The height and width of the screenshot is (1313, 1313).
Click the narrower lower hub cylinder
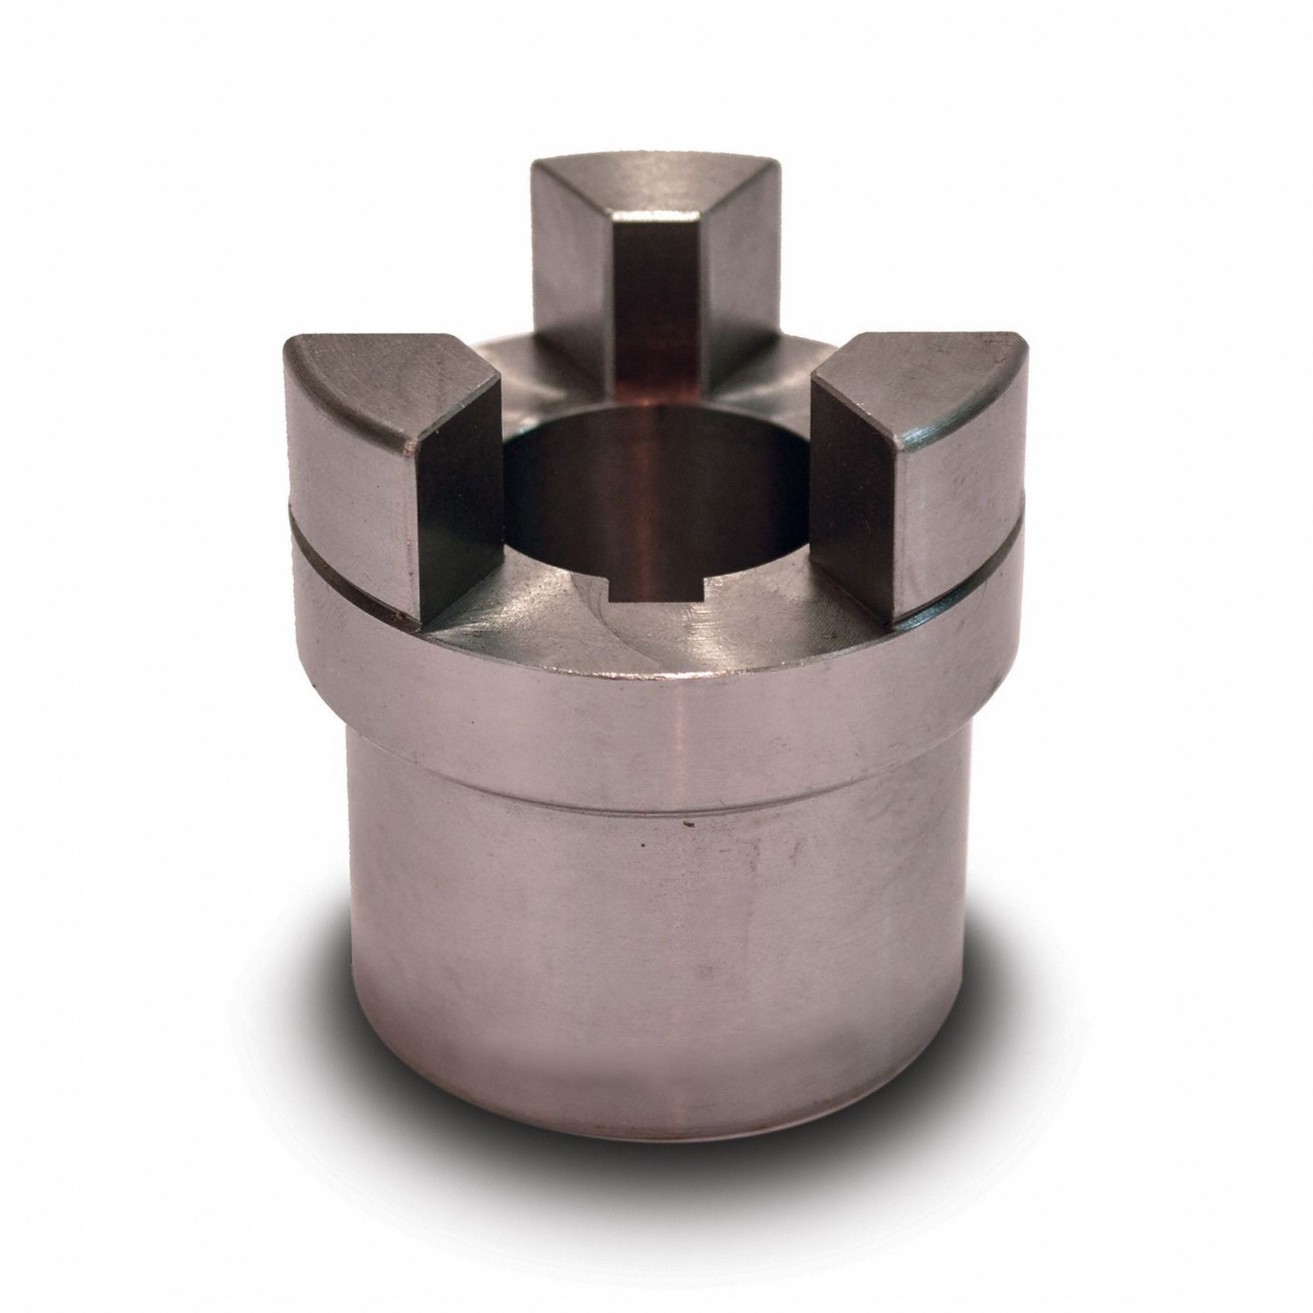tap(653, 951)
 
